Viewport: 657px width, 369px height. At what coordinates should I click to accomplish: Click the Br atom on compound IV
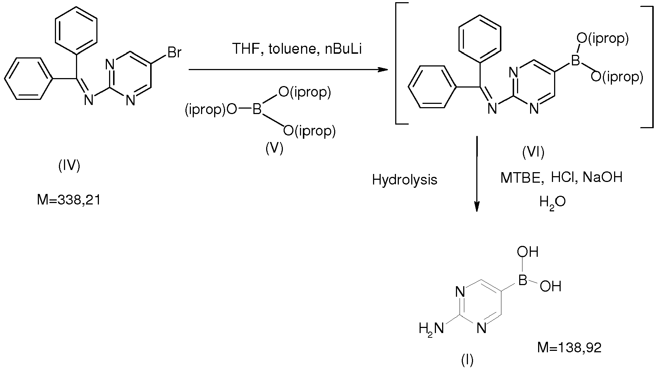[x=174, y=53]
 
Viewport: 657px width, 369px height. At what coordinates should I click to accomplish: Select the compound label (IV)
[x=69, y=166]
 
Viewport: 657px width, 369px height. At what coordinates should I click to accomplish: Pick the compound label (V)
[x=275, y=148]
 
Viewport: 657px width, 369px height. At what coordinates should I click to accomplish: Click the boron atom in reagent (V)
[x=257, y=110]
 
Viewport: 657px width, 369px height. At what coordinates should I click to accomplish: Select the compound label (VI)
[x=533, y=153]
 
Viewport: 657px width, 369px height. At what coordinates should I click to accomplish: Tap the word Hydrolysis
[x=404, y=180]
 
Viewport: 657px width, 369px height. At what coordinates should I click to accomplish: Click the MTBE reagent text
[x=522, y=178]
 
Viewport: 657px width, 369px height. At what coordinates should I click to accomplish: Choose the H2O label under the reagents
[x=552, y=202]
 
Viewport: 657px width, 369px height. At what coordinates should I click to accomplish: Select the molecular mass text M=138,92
[x=569, y=348]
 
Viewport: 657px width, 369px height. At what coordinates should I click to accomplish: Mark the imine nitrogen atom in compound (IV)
[x=88, y=98]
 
